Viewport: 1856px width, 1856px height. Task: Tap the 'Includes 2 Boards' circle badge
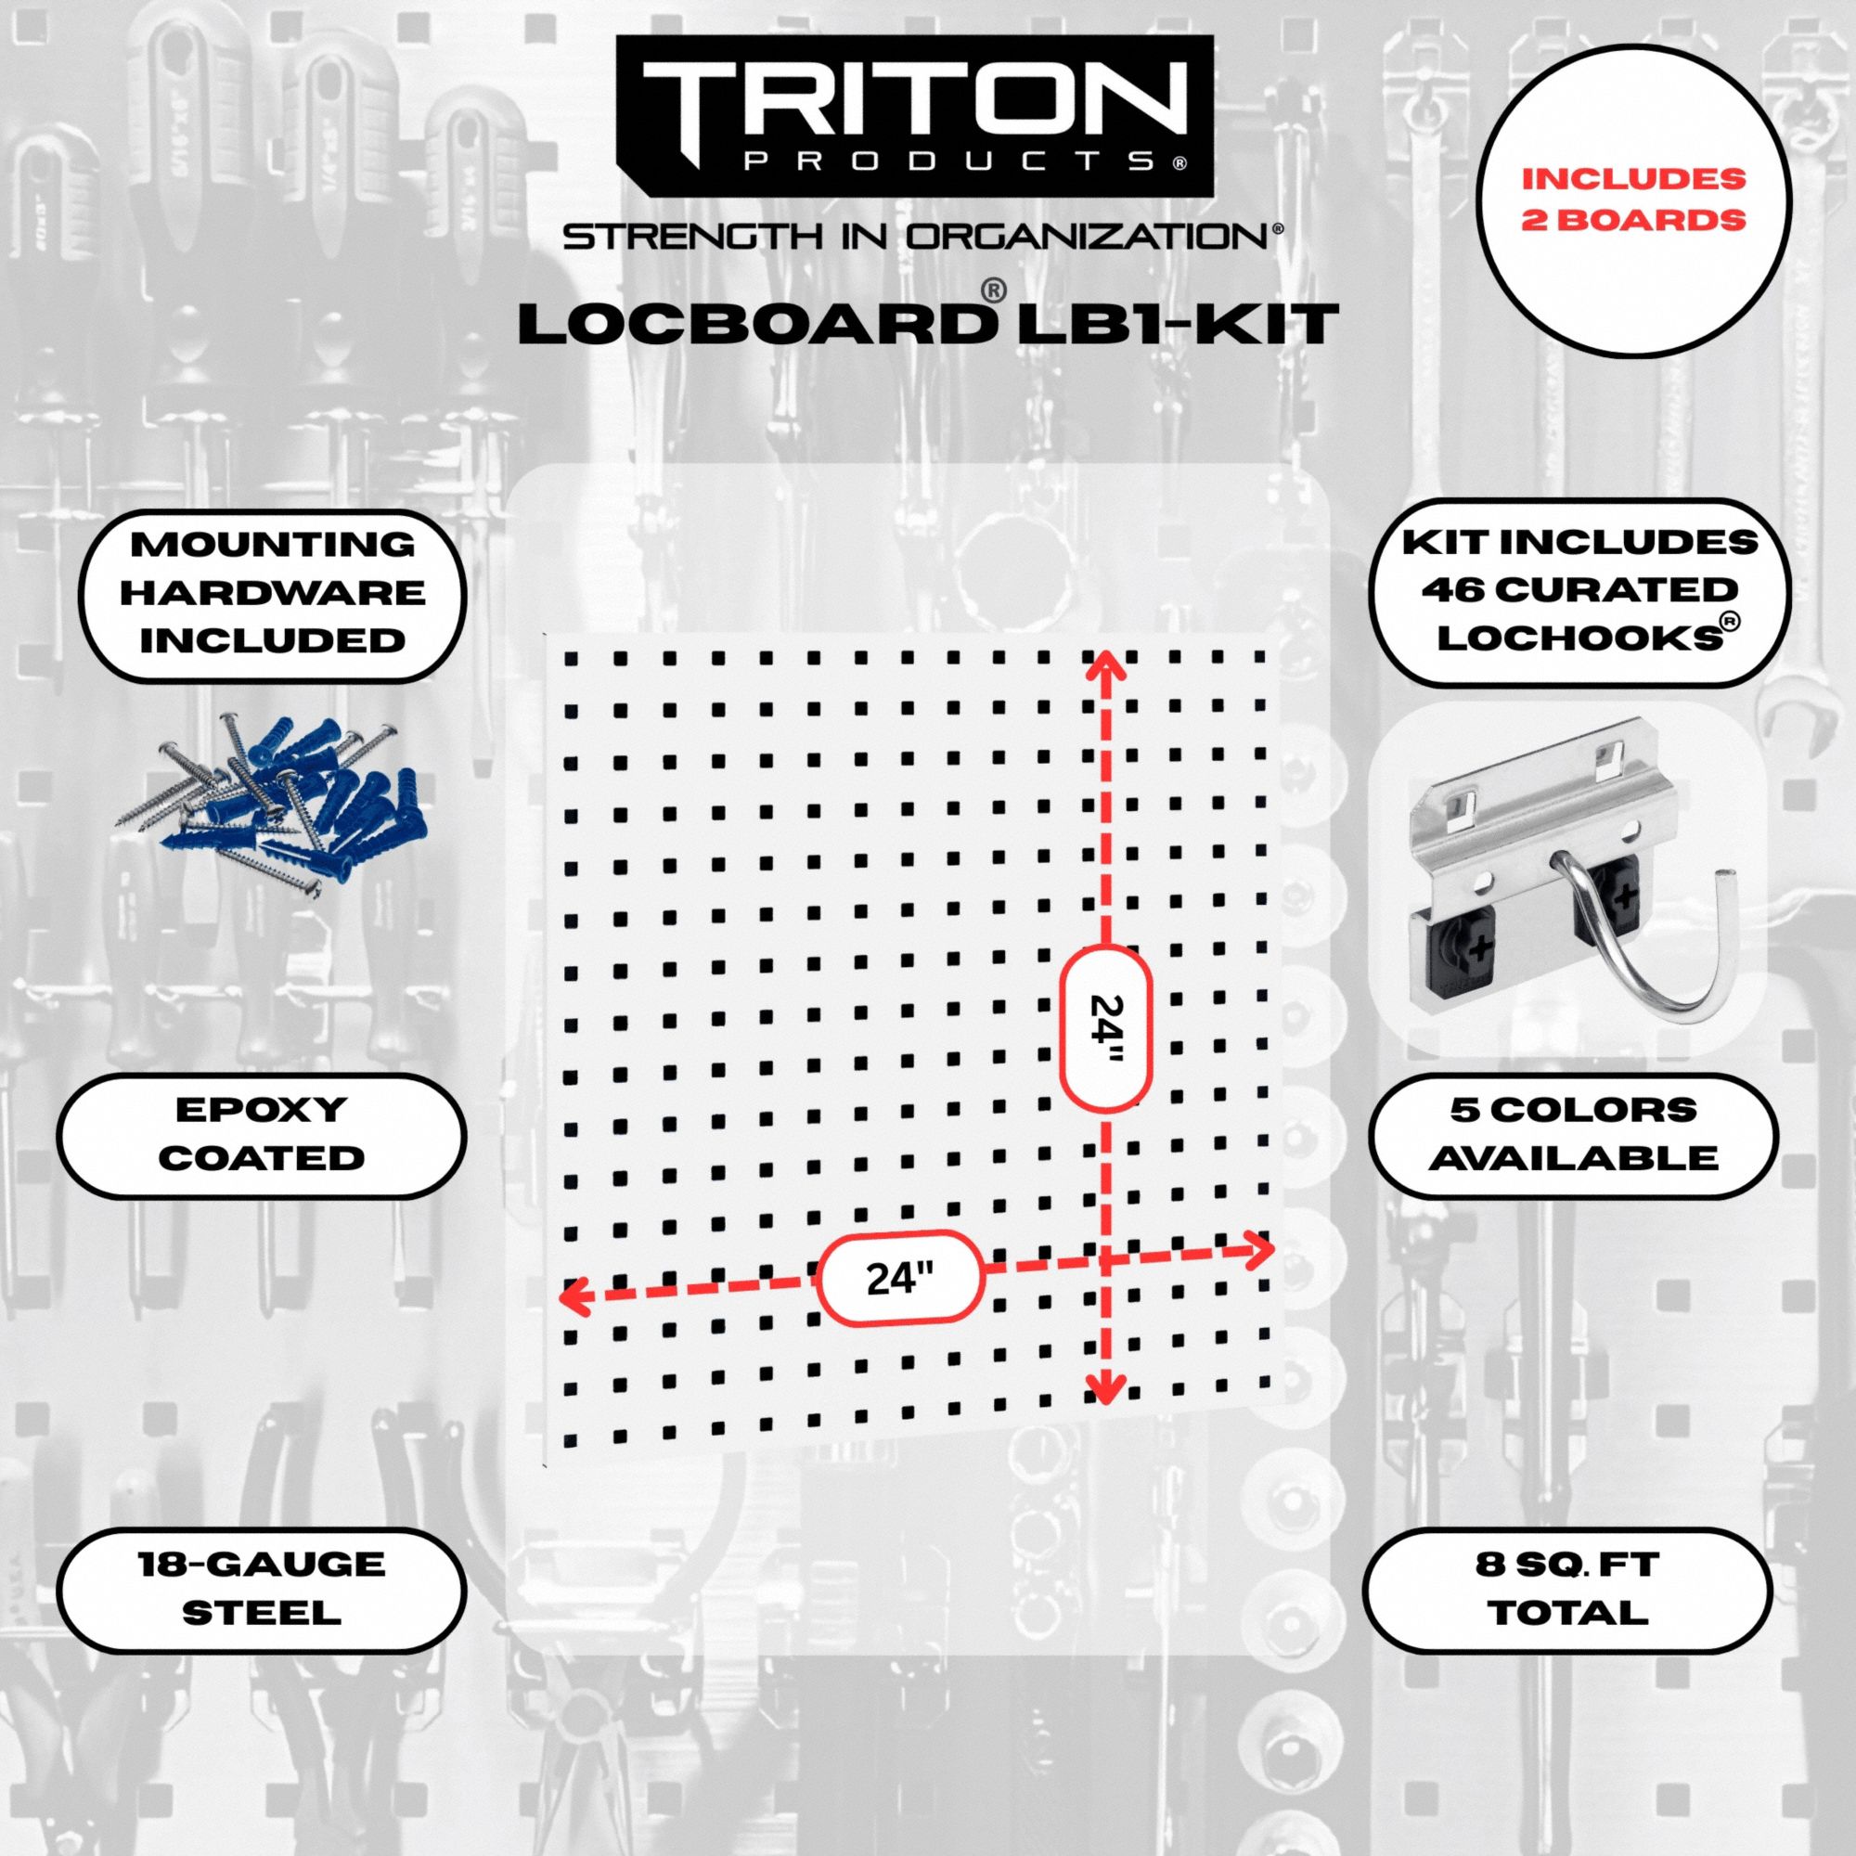(1633, 200)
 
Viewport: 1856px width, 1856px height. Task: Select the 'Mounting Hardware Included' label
(272, 594)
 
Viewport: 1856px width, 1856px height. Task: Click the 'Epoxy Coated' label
(262, 1135)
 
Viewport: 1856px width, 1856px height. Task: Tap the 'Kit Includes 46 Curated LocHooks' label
(1579, 591)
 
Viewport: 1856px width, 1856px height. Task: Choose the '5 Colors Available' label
(1573, 1135)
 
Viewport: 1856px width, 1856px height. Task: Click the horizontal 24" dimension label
(900, 1279)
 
